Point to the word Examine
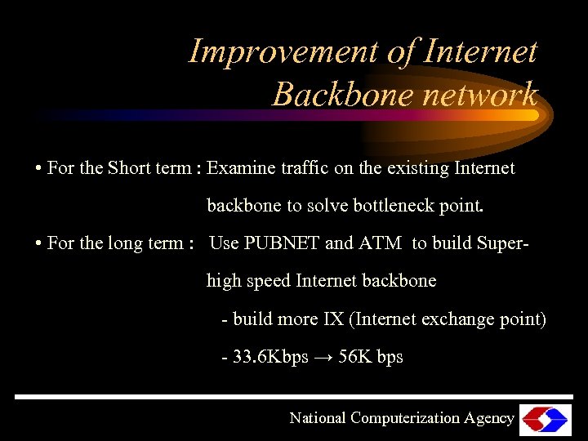(239, 168)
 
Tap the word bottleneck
(393, 206)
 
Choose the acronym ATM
(381, 243)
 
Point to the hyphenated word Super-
(492, 243)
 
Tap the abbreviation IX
(333, 319)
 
